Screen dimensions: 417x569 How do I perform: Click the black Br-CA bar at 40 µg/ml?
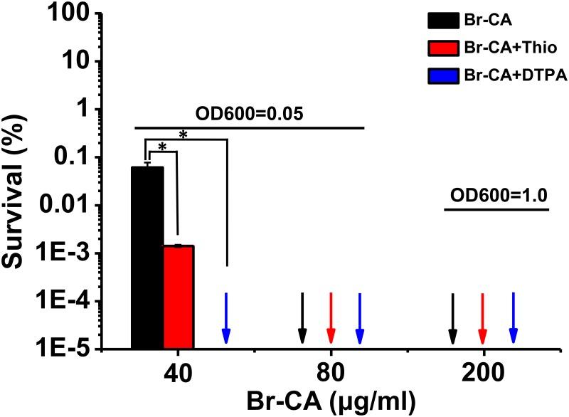147,256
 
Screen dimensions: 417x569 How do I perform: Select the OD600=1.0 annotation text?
497,195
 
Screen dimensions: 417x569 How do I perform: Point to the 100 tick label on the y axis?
74,13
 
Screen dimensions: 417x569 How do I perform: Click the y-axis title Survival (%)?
17,178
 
